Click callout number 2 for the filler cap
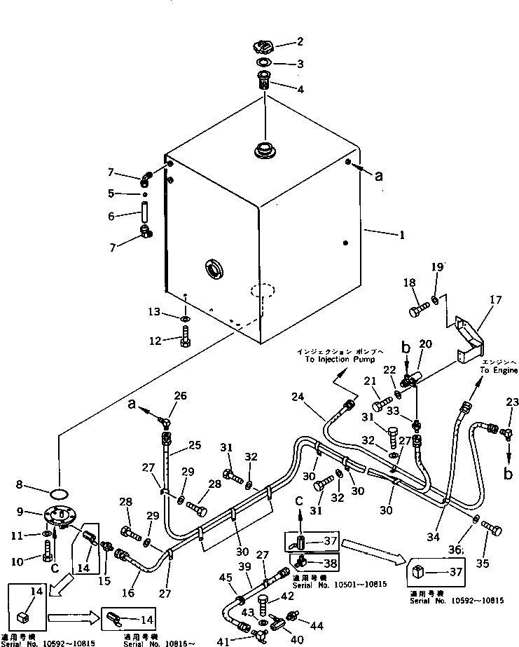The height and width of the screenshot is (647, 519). pyautogui.click(x=300, y=42)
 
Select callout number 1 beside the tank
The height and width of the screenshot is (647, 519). pyautogui.click(x=401, y=236)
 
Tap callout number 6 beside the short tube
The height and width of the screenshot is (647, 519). pyautogui.click(x=110, y=217)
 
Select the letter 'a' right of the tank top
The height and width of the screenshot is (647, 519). pyautogui.click(x=379, y=177)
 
